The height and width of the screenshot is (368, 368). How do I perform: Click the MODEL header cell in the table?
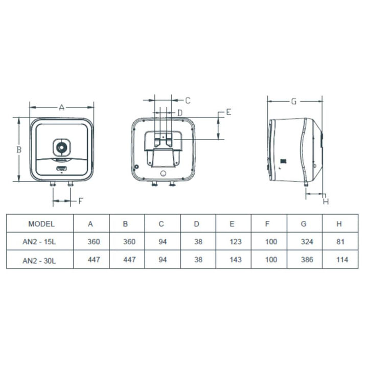(41, 224)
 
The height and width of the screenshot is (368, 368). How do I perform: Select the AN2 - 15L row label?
(39, 241)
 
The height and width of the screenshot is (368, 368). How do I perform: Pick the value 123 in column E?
(236, 241)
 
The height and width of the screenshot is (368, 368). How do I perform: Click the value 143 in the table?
(236, 260)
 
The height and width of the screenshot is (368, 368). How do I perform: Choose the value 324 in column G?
(307, 241)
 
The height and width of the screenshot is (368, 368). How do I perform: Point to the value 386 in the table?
(307, 260)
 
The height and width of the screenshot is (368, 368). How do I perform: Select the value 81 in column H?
(340, 241)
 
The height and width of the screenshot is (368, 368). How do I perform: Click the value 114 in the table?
(342, 260)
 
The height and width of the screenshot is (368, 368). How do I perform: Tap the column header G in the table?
(304, 224)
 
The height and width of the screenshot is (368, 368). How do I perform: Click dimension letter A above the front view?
(61, 107)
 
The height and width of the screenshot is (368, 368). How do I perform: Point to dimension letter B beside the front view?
(19, 149)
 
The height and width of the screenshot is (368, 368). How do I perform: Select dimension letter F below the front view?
(81, 201)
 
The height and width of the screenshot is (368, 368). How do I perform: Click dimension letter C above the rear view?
(188, 101)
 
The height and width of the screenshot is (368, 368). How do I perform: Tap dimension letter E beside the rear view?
(228, 112)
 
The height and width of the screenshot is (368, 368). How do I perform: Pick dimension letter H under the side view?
(326, 201)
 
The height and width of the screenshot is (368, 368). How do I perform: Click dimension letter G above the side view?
(294, 102)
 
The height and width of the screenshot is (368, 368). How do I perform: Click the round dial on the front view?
(61, 148)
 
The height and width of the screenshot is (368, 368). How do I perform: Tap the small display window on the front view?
(61, 169)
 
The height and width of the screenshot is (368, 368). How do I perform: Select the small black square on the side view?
(284, 162)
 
